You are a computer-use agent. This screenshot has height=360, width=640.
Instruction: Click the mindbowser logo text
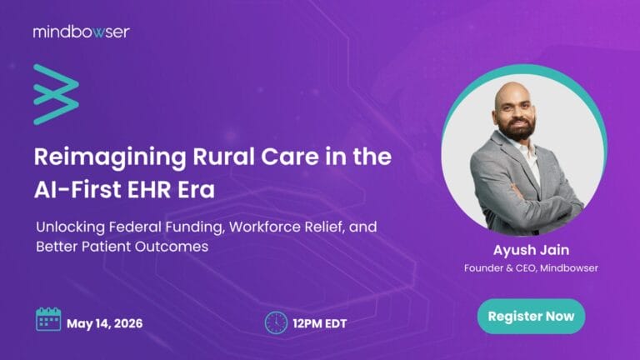click(x=81, y=32)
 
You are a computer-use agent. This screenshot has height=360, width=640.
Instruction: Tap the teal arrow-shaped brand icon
click(x=56, y=93)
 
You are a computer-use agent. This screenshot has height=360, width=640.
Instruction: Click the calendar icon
click(x=48, y=320)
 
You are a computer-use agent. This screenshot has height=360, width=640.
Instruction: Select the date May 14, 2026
click(x=104, y=322)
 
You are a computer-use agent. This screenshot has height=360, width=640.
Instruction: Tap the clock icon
click(x=275, y=322)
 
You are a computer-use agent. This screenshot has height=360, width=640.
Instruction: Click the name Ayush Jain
click(x=531, y=248)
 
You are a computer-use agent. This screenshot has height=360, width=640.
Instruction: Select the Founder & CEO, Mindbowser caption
click(x=531, y=267)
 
